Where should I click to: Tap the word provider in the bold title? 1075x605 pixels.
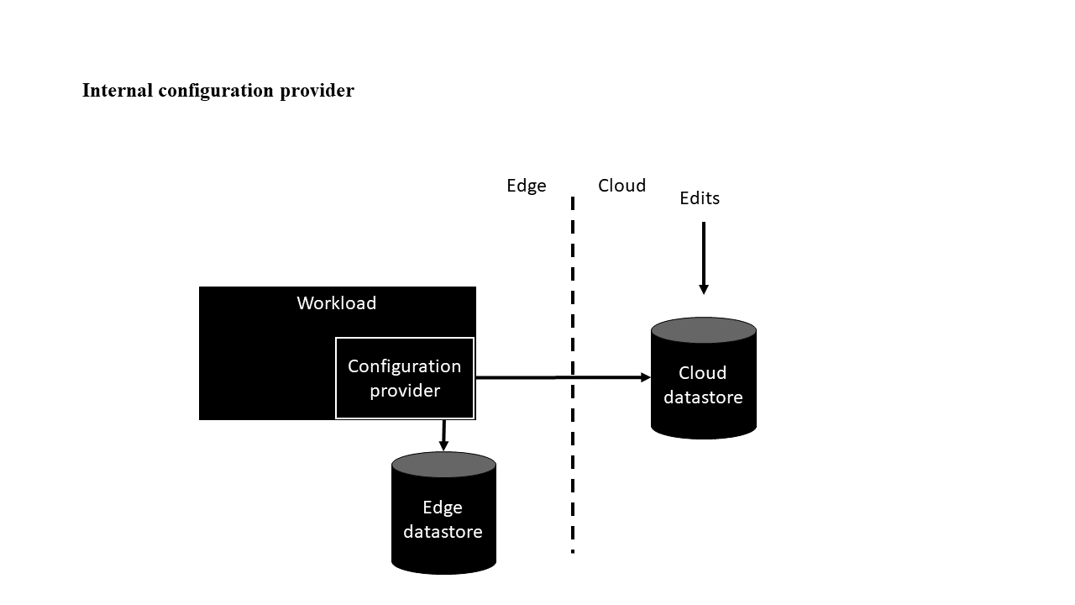click(x=317, y=91)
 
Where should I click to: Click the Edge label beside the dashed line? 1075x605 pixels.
click(x=526, y=186)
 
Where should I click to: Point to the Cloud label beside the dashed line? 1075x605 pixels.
click(x=621, y=186)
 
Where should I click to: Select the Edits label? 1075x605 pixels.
click(x=700, y=198)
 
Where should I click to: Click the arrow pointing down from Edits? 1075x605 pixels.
click(x=704, y=252)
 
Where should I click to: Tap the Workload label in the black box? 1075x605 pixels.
click(x=336, y=303)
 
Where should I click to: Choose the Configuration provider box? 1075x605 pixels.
click(x=405, y=378)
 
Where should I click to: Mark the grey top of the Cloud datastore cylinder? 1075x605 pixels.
click(x=704, y=329)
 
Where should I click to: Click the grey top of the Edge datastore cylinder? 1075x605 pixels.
click(x=443, y=465)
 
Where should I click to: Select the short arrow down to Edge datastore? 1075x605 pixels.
click(x=443, y=434)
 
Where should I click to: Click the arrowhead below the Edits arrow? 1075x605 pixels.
click(x=704, y=289)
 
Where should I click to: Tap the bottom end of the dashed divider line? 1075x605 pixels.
click(x=573, y=550)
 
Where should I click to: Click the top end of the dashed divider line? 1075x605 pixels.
click(x=573, y=200)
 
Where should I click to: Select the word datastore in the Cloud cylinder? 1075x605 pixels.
click(x=703, y=397)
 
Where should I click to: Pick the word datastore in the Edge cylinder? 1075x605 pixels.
click(x=443, y=532)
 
